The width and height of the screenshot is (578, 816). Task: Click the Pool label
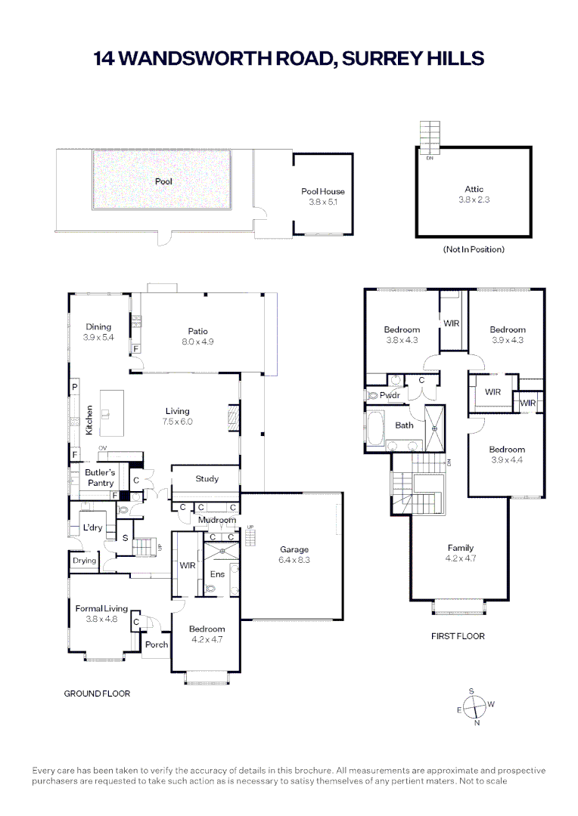(x=163, y=181)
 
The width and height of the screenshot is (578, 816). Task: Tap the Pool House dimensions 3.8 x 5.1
(x=323, y=202)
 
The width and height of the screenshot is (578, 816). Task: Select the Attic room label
(x=474, y=189)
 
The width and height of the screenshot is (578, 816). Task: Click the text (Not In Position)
(x=474, y=249)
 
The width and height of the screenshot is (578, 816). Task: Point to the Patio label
(x=198, y=331)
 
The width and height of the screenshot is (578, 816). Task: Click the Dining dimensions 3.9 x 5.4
(x=98, y=337)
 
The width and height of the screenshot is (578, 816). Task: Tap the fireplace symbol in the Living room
(x=233, y=418)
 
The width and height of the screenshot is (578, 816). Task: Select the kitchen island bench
(x=111, y=413)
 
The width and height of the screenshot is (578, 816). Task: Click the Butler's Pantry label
(x=100, y=478)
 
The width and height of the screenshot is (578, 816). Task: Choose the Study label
(x=207, y=479)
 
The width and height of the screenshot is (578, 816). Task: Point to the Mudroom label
(x=217, y=520)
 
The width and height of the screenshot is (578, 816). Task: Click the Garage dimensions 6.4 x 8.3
(x=294, y=560)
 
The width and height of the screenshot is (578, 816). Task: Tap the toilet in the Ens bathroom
(x=210, y=589)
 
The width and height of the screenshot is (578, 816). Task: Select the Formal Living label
(x=101, y=608)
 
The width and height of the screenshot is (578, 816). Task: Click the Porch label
(x=157, y=644)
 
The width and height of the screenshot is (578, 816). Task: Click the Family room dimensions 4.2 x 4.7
(x=461, y=558)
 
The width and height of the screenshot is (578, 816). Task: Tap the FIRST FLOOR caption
(x=458, y=636)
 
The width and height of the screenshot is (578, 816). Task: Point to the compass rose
(x=475, y=706)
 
